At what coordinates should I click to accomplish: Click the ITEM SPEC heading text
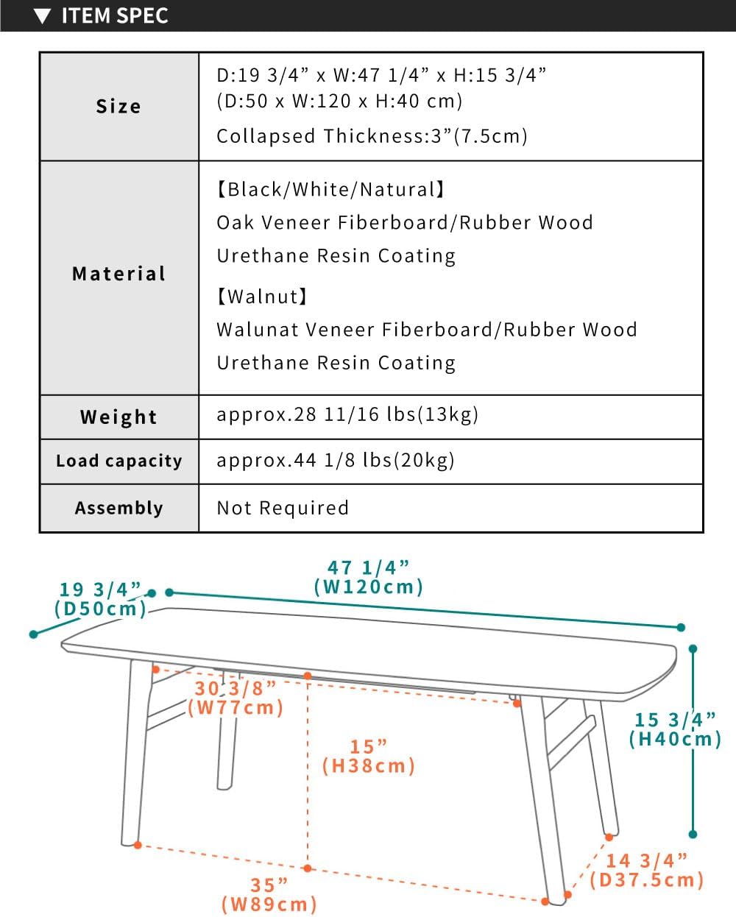point(115,15)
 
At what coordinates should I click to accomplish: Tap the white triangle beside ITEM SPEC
point(43,16)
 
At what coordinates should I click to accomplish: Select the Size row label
point(118,107)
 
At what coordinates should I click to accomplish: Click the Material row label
point(119,274)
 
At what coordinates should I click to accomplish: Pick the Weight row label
point(118,417)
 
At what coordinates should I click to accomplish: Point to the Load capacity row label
point(118,461)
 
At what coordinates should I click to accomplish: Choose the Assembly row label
point(118,508)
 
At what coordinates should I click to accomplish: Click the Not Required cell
point(283,508)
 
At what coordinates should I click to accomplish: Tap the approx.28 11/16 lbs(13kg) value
point(347,414)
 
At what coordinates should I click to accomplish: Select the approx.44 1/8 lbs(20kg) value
point(336,461)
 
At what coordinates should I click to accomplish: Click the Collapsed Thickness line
point(372,136)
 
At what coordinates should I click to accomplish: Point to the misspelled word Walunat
point(257,330)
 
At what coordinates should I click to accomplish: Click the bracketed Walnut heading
point(262,297)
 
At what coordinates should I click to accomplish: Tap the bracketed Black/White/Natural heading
point(331,190)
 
